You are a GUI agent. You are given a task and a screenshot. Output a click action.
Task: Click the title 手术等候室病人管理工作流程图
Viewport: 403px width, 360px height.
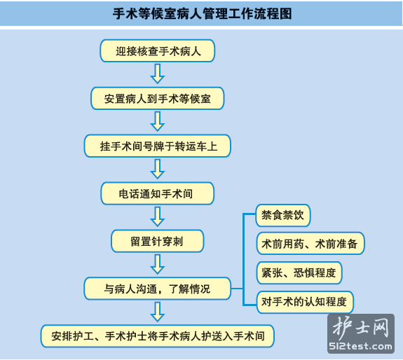tap(202, 13)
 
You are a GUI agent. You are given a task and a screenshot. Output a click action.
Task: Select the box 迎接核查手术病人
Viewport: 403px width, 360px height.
tap(157, 51)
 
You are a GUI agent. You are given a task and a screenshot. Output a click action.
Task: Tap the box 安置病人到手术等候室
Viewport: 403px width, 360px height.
tap(157, 98)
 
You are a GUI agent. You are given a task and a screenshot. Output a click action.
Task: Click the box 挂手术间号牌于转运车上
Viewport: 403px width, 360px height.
tap(157, 146)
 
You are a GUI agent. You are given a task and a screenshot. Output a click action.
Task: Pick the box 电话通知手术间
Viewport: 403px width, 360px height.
tap(157, 193)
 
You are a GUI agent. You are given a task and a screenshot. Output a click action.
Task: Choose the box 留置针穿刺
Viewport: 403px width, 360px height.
tap(157, 241)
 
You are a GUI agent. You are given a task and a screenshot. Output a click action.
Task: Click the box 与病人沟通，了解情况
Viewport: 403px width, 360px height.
tap(157, 289)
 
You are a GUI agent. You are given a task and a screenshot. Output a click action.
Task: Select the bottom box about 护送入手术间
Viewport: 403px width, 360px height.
tap(157, 336)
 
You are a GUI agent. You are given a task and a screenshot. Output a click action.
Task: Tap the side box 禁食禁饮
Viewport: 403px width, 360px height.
tap(283, 215)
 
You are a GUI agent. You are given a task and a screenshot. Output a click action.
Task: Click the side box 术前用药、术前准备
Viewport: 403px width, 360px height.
tap(310, 244)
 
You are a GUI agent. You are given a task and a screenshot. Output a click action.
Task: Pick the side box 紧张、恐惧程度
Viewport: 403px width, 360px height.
tap(299, 272)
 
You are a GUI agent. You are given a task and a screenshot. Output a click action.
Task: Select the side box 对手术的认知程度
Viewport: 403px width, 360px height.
tap(305, 302)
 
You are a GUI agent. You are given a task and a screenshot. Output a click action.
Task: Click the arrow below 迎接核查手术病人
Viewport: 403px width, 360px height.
tap(157, 74)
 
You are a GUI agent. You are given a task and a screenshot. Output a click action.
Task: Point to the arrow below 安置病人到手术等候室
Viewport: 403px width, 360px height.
tap(157, 121)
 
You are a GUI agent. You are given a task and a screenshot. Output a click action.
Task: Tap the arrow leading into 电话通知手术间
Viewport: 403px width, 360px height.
tap(157, 169)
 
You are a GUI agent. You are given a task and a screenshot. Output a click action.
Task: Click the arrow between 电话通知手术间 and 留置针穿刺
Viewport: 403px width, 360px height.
tap(157, 216)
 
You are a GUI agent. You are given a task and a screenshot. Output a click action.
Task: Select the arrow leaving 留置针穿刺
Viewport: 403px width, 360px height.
tap(157, 264)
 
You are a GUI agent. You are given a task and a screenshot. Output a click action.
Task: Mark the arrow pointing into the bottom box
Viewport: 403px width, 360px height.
tap(157, 312)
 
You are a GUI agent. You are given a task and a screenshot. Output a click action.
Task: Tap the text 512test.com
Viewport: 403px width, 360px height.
tap(360, 347)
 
